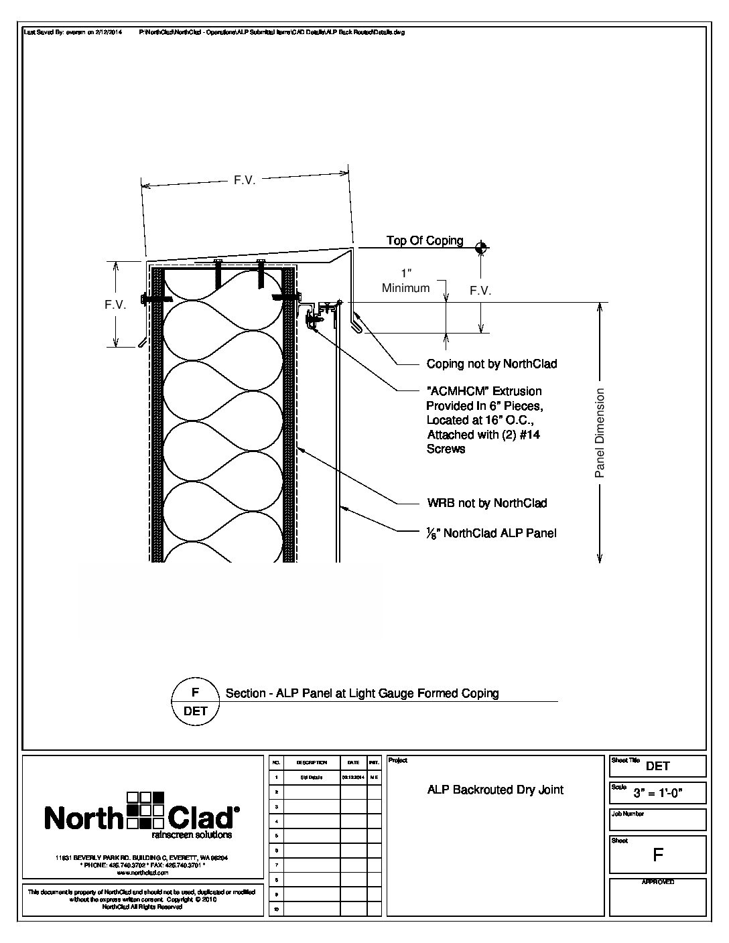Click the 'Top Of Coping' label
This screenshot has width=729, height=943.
click(x=425, y=240)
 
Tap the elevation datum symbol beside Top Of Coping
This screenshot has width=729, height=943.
click(x=480, y=248)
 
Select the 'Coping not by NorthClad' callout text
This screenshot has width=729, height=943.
click(x=492, y=364)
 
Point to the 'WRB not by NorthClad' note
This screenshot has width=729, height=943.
click(x=486, y=503)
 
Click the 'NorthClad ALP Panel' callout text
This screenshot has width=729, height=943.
click(x=492, y=534)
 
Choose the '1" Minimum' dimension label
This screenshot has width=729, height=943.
click(x=405, y=281)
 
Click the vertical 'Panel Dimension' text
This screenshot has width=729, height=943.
click(x=600, y=433)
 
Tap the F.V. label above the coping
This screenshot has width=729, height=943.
click(x=245, y=181)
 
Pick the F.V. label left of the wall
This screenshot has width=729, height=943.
click(x=116, y=305)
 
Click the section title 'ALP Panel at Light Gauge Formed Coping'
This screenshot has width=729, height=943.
click(x=362, y=693)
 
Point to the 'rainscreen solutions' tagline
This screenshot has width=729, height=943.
click(x=192, y=835)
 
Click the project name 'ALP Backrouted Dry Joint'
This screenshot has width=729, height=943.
click(x=495, y=790)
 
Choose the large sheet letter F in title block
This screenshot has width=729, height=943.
click(x=657, y=855)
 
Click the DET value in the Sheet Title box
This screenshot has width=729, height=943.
click(x=658, y=766)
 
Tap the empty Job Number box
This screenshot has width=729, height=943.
click(x=657, y=821)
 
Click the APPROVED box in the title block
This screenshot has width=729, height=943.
click(x=657, y=898)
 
